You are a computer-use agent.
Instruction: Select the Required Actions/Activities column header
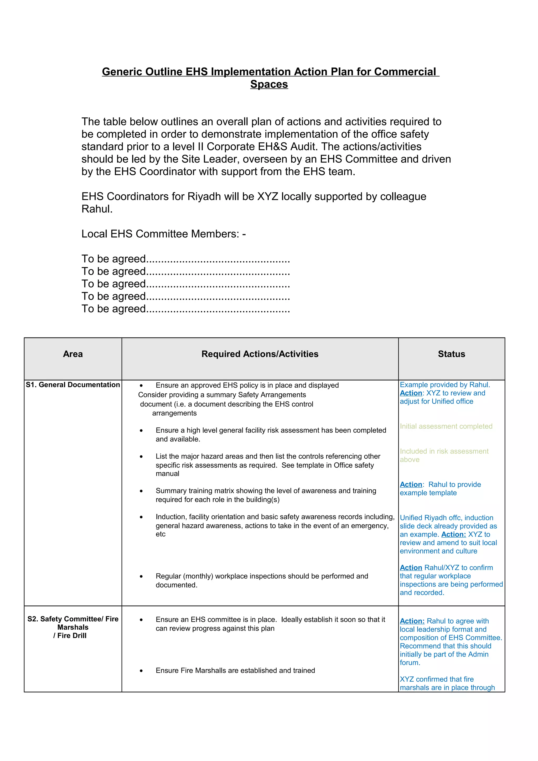click(x=260, y=354)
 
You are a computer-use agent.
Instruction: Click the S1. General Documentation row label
click(x=73, y=385)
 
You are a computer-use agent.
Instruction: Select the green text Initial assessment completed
click(x=446, y=426)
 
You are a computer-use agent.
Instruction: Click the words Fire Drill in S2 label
click(x=72, y=636)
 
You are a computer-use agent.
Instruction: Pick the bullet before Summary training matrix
click(x=141, y=491)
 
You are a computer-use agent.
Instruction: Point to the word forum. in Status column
click(x=410, y=663)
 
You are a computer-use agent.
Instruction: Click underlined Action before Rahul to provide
click(x=411, y=484)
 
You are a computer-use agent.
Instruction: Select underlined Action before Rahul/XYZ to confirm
click(x=411, y=568)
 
